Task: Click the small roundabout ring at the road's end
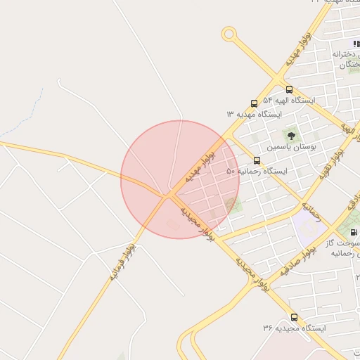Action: coord(229,33)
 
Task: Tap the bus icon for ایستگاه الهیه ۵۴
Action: coord(289,89)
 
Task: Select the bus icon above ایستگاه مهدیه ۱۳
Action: coord(254,103)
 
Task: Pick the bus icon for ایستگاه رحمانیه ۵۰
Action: coord(256,160)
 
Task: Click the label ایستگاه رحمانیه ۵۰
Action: coord(257,172)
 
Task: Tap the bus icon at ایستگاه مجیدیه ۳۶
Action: coord(294,317)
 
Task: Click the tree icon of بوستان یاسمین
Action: coord(291,135)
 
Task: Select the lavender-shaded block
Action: coord(309,226)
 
